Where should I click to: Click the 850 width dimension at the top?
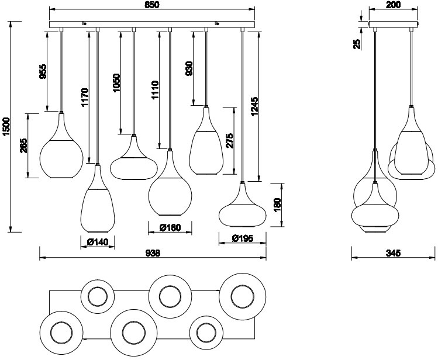pos(152,5)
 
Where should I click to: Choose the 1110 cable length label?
pos(155,89)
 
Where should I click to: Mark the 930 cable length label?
pos(188,68)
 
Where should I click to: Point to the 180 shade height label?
pos(277,205)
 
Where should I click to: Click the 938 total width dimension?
pos(153,252)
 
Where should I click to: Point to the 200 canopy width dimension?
pos(393,5)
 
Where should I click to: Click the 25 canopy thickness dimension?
pos(356,45)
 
